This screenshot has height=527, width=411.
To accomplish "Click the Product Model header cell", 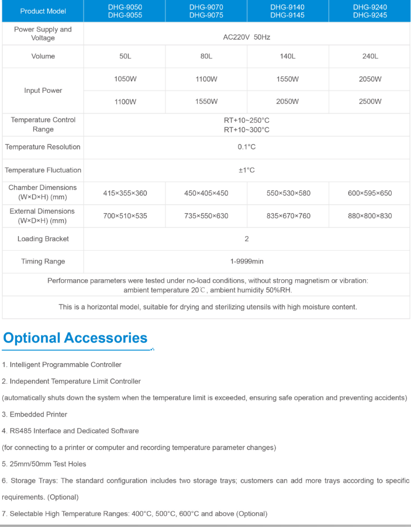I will point(43,11).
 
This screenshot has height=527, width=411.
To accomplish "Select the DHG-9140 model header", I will point(287,8).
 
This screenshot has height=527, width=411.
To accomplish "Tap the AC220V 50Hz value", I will point(246,37).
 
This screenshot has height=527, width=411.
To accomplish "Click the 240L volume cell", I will point(370,57).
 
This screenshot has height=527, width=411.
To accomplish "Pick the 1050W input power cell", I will point(125,79).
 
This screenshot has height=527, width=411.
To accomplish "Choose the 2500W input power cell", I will point(370,102).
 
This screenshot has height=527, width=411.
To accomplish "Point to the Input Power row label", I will point(43,91).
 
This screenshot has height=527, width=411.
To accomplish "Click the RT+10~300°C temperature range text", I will point(246,130).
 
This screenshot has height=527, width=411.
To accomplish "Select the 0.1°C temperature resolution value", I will point(246,147).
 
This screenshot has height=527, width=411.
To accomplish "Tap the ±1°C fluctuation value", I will point(246,171).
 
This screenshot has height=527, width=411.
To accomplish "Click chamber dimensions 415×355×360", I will point(125,193).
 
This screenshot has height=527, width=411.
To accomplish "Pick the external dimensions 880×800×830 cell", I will point(370,216).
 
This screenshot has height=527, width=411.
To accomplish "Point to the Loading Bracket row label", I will point(43,239).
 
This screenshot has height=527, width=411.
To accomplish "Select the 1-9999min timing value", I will point(246,262).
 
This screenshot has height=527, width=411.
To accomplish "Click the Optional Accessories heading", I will point(75,338).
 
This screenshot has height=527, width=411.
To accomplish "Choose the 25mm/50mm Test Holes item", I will point(44,464).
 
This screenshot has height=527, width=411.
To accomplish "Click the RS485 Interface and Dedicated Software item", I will point(70,431).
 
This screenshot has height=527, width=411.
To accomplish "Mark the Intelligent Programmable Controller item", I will point(61,365).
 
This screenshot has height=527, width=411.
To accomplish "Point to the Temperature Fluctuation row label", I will point(43,171).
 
